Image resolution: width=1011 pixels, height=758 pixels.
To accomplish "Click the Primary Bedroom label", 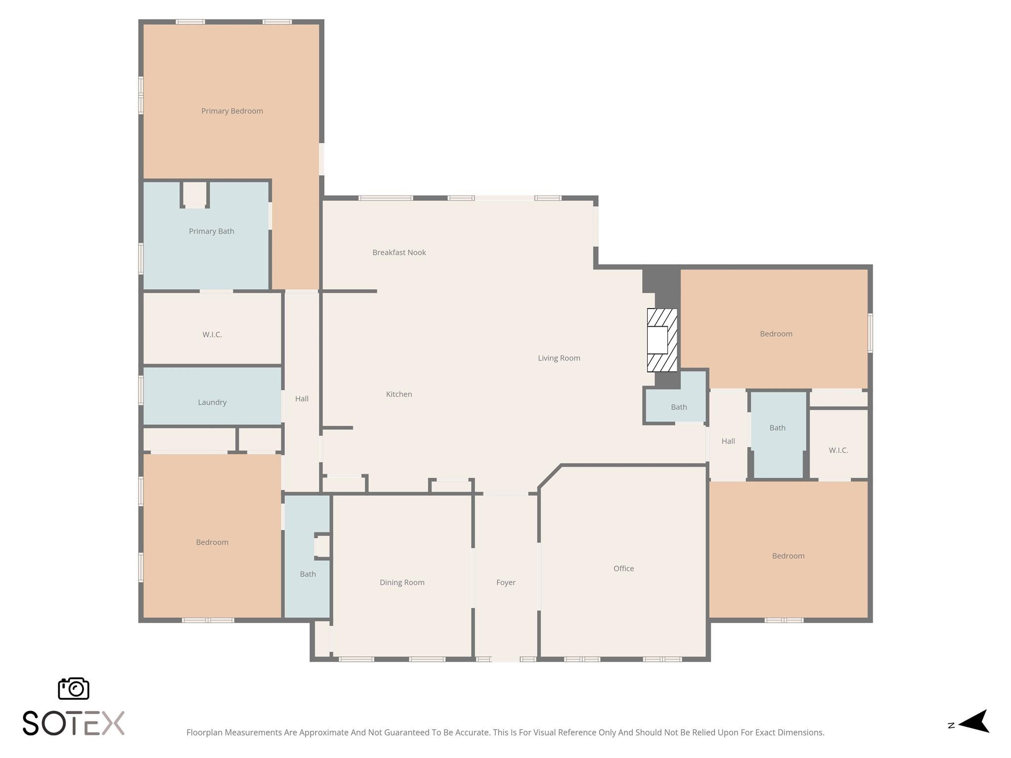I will coord(232,111).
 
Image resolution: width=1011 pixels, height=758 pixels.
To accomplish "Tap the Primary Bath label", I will coord(211,231).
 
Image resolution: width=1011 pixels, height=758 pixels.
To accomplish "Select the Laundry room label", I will coord(212,402).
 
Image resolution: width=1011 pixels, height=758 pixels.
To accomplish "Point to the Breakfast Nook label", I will coord(399,253).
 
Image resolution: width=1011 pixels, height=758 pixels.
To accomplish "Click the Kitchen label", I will coord(399,394).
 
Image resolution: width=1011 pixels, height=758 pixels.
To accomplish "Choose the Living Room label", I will coord(559,358).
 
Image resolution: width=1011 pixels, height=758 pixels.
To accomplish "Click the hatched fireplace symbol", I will coord(662,340).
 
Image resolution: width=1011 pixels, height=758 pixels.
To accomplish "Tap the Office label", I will coord(623,568).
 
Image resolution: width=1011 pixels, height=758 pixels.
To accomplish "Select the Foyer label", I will coord(505,583).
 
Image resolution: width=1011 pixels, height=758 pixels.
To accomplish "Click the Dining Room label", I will coord(402,583).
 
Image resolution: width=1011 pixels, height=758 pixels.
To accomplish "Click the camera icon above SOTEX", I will coord(74,688).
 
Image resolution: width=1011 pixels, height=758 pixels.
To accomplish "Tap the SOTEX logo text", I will coord(74,723).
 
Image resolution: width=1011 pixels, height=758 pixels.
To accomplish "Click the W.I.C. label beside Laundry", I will coord(212,335).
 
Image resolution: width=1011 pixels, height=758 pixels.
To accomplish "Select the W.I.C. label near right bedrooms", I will coord(838,451).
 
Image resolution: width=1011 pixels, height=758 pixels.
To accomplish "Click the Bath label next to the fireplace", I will coord(679,407).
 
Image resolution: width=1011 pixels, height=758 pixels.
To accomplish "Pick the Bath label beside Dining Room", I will coord(308,574).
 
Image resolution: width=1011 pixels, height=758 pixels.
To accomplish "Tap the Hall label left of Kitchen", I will coord(302,399).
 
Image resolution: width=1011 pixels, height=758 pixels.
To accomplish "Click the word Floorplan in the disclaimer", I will coord(204,732).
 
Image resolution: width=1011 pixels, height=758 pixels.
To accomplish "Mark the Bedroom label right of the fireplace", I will coord(776,334).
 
